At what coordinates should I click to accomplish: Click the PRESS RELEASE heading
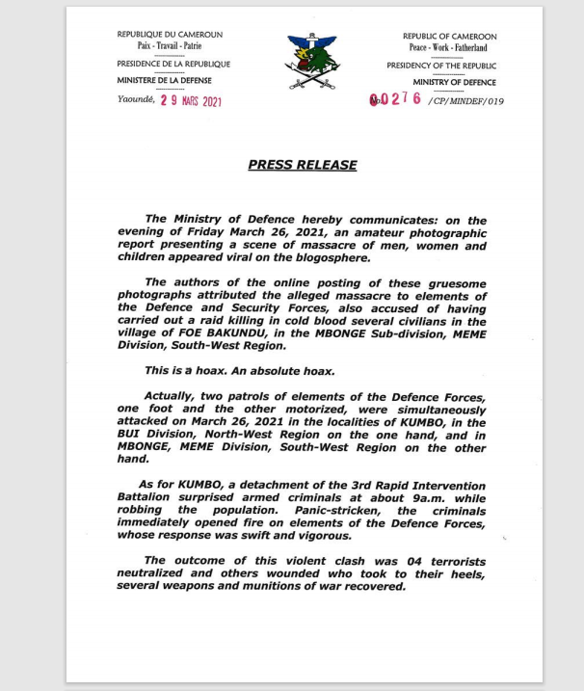click(303, 165)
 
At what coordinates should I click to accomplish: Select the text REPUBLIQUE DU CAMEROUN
click(170, 36)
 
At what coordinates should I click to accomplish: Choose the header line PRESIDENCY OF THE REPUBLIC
click(441, 66)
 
